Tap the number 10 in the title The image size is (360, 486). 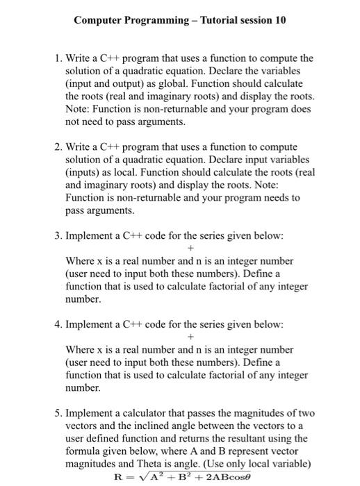point(279,20)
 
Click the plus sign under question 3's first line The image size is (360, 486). point(190,248)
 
